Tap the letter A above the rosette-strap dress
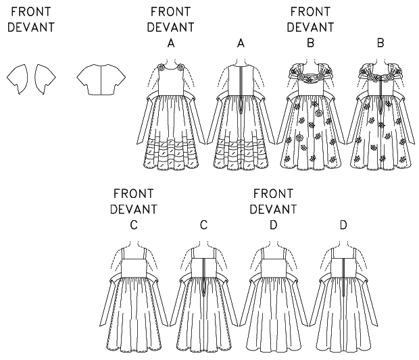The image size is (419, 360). (171, 43)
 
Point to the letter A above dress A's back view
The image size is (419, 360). (241, 43)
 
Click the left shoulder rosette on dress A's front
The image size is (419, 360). (162, 67)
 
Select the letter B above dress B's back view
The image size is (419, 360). (380, 43)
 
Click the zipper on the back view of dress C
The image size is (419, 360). (203, 277)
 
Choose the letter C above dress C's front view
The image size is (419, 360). (134, 225)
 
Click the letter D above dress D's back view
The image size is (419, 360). (343, 225)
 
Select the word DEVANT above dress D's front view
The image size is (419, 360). (273, 209)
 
